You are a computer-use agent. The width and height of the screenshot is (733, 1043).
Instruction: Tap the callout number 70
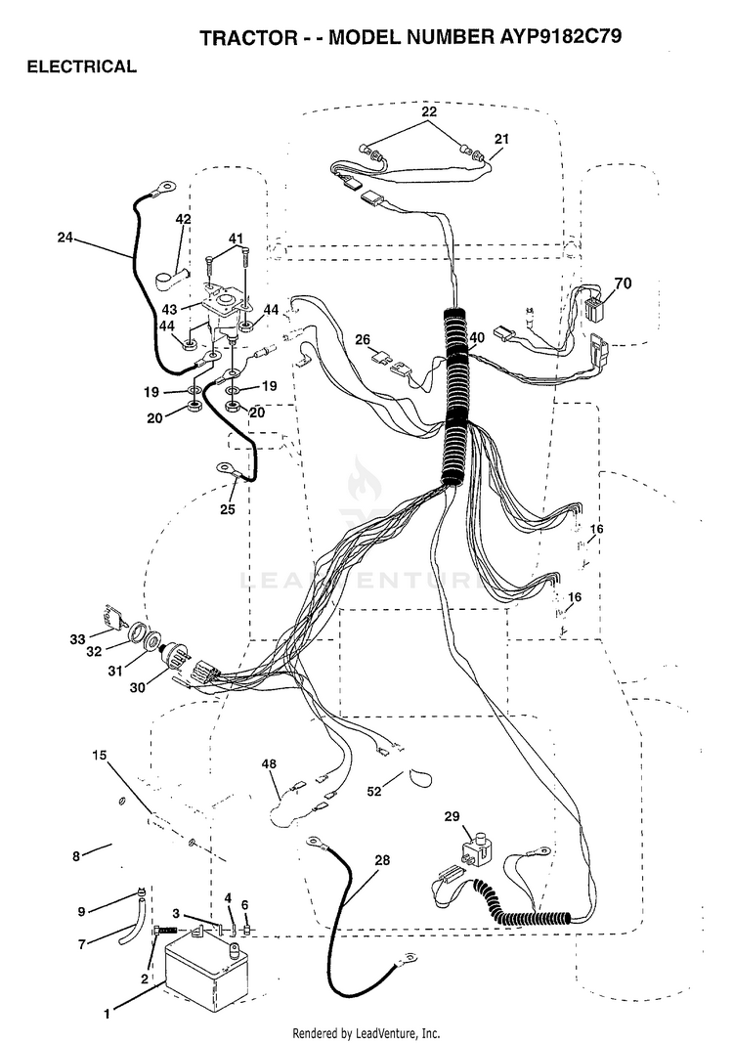(x=624, y=283)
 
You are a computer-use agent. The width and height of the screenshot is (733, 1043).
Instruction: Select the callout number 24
(x=65, y=237)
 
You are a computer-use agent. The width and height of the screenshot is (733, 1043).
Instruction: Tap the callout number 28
(x=382, y=860)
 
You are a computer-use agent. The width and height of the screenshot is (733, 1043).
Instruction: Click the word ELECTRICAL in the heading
(x=82, y=66)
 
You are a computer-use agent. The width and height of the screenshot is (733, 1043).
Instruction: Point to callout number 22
(x=429, y=111)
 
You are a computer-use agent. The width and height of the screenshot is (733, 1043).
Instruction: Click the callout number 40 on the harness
(x=477, y=337)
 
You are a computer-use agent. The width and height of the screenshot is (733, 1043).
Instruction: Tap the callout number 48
(x=269, y=764)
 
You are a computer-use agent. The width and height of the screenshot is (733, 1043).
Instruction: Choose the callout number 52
(x=375, y=791)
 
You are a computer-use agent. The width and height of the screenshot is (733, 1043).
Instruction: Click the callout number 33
(x=78, y=639)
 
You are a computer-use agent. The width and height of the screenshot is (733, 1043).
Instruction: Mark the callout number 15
(x=99, y=755)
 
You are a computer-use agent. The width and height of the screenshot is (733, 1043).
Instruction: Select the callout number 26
(x=363, y=340)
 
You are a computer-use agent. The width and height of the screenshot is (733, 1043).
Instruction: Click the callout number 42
(x=183, y=219)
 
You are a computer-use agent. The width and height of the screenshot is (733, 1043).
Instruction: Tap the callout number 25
(x=228, y=510)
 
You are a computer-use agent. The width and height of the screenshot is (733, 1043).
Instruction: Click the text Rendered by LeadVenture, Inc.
(x=366, y=1033)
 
